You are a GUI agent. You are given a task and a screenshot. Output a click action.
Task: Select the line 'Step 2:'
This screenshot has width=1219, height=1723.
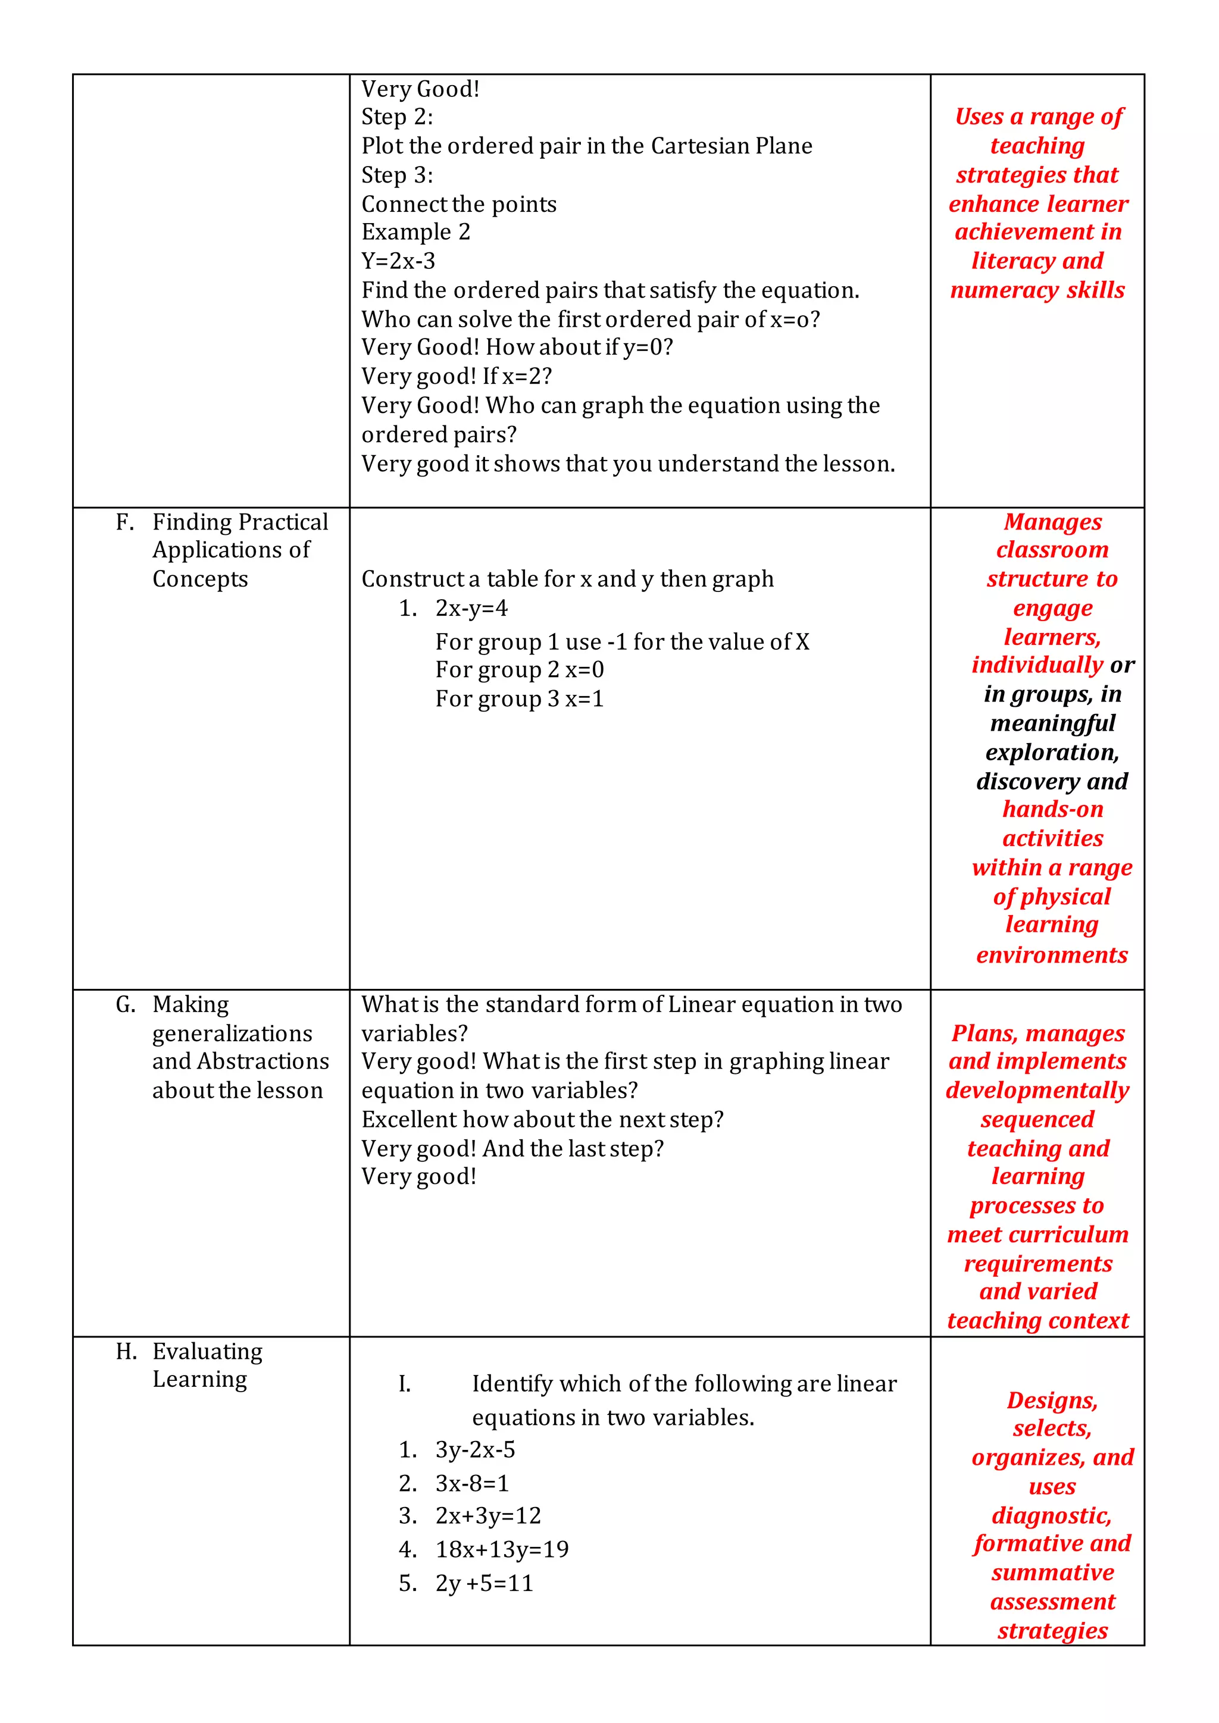click(x=397, y=117)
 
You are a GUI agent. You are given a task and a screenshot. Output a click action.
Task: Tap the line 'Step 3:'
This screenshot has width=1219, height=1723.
click(x=397, y=176)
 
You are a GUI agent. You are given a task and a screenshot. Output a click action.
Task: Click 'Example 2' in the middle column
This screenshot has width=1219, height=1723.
click(x=416, y=232)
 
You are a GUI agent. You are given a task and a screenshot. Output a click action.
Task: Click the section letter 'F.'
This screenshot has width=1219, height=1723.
click(x=124, y=522)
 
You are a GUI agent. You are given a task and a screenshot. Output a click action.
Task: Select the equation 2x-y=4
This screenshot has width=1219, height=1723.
click(x=471, y=608)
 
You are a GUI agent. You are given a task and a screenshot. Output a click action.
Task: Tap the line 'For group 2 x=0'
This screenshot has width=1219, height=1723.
click(x=520, y=669)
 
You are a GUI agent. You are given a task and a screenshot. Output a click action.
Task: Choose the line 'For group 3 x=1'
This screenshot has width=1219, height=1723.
click(x=520, y=698)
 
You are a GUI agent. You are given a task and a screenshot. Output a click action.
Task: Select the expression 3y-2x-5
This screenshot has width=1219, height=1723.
click(x=475, y=1450)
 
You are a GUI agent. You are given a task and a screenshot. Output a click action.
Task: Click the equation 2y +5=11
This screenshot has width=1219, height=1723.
click(x=484, y=1583)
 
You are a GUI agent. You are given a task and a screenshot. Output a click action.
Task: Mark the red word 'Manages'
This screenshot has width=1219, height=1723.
click(x=1052, y=522)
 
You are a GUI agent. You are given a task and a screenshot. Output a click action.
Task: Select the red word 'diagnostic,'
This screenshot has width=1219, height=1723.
click(x=1051, y=1515)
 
